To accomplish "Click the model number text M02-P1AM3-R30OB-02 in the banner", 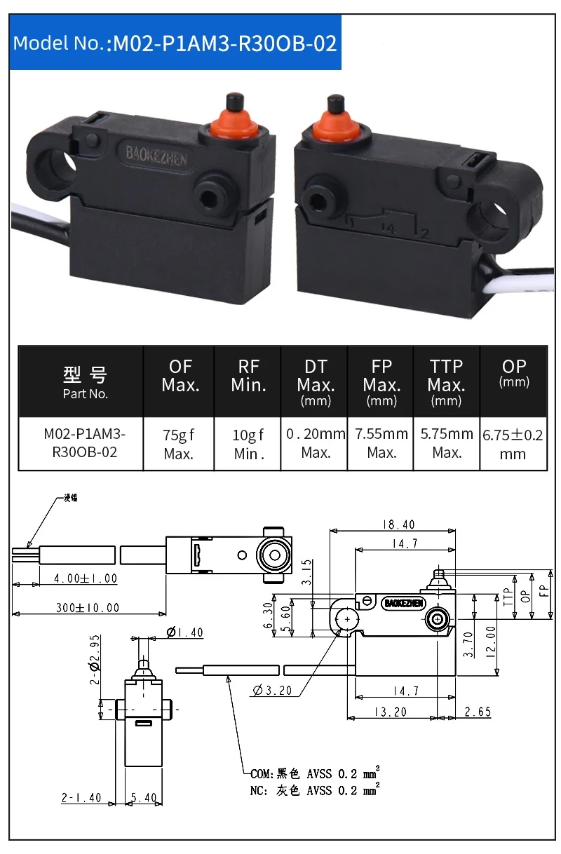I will pyautogui.click(x=225, y=43).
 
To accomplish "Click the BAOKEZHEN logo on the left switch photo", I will pyautogui.click(x=156, y=155).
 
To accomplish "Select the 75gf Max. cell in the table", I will pyautogui.click(x=179, y=444).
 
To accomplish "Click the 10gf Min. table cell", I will pyautogui.click(x=248, y=444).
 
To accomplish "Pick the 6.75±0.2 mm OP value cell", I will pyautogui.click(x=513, y=444).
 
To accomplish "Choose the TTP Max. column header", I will pyautogui.click(x=446, y=382).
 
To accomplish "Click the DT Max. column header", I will pyautogui.click(x=316, y=382).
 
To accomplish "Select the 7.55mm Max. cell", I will pyautogui.click(x=381, y=444).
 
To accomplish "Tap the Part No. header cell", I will pyautogui.click(x=85, y=382).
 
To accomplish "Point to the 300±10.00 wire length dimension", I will pyautogui.click(x=88, y=608).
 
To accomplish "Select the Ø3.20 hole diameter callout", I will pyautogui.click(x=271, y=691).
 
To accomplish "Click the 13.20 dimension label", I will pyautogui.click(x=391, y=712).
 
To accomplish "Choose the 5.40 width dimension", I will pyautogui.click(x=144, y=798).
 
